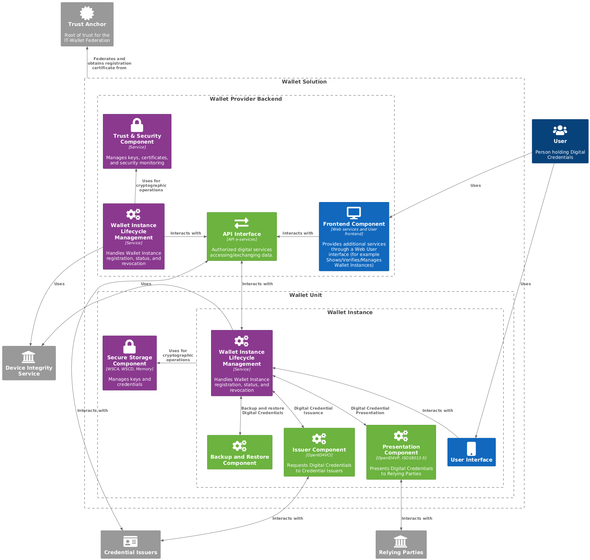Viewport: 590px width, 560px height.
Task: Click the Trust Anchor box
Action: click(87, 24)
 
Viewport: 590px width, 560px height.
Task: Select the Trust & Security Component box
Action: click(137, 141)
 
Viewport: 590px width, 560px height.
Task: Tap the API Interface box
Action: click(242, 236)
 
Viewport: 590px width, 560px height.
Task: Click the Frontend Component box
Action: click(354, 236)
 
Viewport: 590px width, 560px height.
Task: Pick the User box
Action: click(560, 141)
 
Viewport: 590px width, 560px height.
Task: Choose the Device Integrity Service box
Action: click(29, 363)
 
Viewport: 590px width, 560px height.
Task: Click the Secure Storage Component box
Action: click(130, 363)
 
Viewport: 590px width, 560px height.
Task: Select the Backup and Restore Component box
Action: click(240, 452)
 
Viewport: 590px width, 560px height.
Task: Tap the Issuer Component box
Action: click(319, 452)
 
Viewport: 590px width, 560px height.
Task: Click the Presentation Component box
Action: click(401, 452)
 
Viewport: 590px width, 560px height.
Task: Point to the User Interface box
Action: click(471, 452)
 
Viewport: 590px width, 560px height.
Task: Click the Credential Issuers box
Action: click(131, 544)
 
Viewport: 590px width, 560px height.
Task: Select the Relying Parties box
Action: click(401, 544)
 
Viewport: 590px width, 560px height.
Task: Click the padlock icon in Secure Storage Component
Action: click(130, 347)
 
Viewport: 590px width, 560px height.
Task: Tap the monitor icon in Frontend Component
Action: click(354, 213)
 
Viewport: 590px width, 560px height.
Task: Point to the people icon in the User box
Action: click(560, 130)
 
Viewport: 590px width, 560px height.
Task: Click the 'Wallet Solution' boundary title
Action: click(304, 82)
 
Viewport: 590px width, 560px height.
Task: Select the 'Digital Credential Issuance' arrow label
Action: click(313, 411)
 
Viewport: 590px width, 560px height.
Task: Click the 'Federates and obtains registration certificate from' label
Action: click(109, 63)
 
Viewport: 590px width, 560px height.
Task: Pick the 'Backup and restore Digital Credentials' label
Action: click(263, 411)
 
